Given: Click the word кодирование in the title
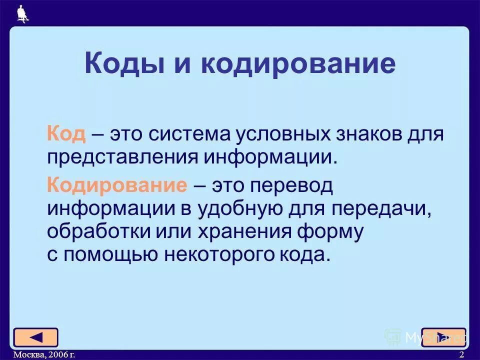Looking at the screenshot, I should click(x=298, y=64).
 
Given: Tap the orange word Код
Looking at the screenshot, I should click(x=66, y=134).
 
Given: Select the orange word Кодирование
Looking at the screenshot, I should click(x=117, y=185).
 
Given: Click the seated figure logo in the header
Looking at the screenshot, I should click(x=22, y=13).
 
